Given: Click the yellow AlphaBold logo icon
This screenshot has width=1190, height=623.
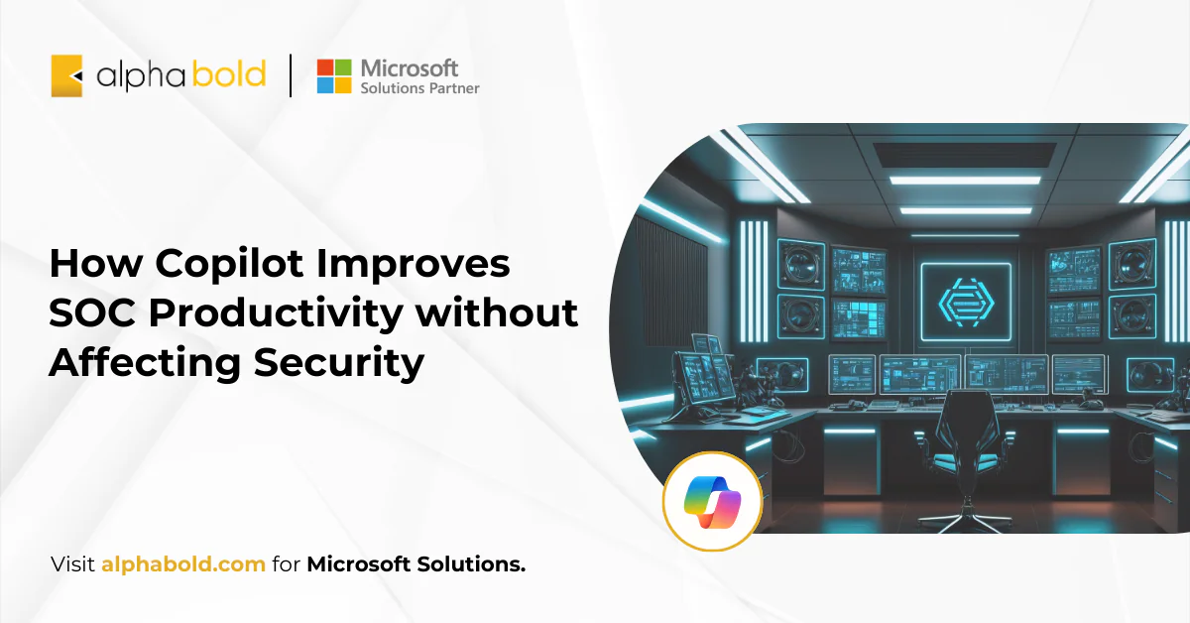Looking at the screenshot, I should [66, 75].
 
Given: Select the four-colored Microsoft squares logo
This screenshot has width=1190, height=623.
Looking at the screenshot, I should [334, 75].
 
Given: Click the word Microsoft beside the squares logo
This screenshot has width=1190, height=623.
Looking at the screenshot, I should [410, 67].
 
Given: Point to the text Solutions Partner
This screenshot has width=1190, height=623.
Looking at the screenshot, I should [419, 88].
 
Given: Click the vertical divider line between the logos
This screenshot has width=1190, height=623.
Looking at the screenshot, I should [291, 75].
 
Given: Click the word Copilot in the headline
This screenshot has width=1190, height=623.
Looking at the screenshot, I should [212, 264].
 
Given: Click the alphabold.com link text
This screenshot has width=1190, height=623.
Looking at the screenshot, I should [183, 564].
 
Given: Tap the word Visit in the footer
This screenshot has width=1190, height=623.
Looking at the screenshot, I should [72, 564].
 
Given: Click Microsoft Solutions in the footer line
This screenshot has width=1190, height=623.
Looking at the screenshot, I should [416, 564].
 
